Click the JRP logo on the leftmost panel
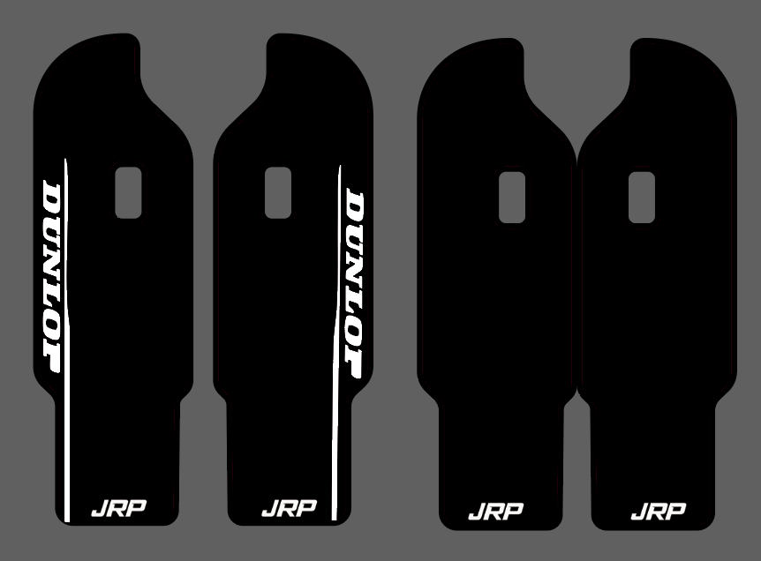point(118,508)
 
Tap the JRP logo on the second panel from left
point(289,508)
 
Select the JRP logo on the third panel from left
point(495,511)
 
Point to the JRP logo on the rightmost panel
point(658,511)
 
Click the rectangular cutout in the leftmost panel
point(129,193)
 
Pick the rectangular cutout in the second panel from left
point(278,193)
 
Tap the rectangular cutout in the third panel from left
point(512,198)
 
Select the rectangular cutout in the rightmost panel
point(642,198)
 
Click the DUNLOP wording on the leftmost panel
point(51,277)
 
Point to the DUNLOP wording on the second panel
point(354,285)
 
